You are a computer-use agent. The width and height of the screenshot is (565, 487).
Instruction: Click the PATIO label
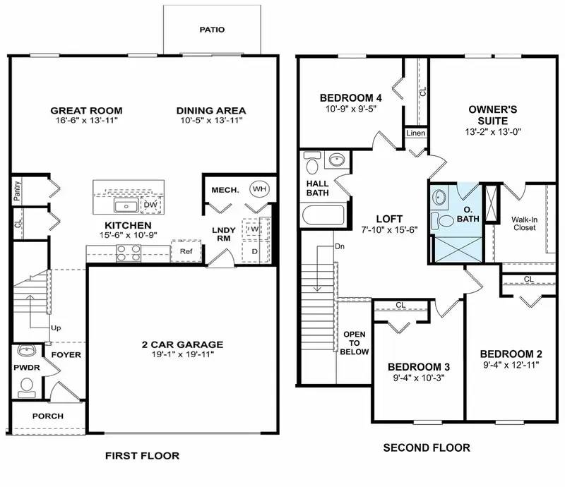[x=212, y=30]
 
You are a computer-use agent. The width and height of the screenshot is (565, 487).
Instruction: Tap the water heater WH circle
[x=259, y=189]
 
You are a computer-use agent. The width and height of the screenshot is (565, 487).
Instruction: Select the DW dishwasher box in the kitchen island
[x=150, y=205]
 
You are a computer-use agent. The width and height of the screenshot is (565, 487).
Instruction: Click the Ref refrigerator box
[x=186, y=251]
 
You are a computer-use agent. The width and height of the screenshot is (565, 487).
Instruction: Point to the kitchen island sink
[x=126, y=206]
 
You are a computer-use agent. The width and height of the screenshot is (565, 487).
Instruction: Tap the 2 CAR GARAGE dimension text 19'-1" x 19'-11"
[x=182, y=355]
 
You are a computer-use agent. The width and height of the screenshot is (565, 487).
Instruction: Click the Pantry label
[x=16, y=191]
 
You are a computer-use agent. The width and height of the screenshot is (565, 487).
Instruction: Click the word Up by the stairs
[x=55, y=328]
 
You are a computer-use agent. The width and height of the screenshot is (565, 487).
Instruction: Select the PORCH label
[x=48, y=416]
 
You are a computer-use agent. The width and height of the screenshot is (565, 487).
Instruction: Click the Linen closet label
[x=415, y=133]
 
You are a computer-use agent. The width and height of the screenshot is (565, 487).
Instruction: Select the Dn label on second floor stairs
[x=339, y=247]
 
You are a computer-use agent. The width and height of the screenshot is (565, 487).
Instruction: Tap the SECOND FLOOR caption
[x=426, y=447]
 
